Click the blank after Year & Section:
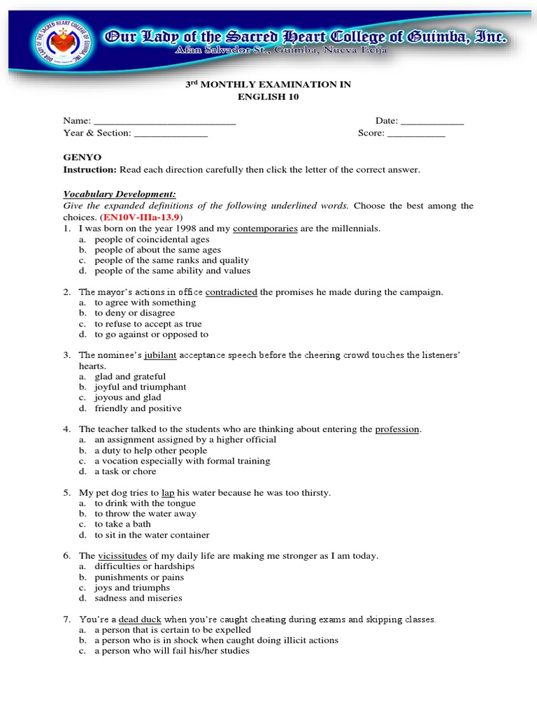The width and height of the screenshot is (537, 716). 171,133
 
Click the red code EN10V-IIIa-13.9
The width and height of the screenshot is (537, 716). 140,216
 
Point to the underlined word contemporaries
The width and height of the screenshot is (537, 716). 265,228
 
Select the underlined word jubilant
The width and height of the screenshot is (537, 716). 161,355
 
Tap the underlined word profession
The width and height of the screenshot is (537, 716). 397,429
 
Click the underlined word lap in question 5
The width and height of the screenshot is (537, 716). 168,492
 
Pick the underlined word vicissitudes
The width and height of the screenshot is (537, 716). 122,556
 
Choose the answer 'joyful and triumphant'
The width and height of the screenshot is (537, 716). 141,387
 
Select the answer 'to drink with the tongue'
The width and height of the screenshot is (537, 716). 145,503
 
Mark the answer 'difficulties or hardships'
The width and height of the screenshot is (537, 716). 145,566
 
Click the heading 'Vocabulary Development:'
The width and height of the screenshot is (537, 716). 120,194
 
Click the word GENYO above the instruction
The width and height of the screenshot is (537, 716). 82,158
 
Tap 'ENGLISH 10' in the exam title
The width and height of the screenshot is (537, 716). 268,96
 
